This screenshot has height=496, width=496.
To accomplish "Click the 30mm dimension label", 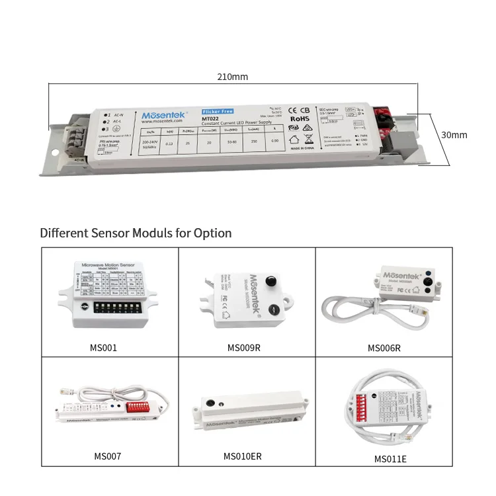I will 454,135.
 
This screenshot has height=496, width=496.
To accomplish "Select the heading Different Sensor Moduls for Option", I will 136,233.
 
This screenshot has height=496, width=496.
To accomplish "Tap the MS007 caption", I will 107,456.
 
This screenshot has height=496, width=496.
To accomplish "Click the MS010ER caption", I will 242,456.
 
